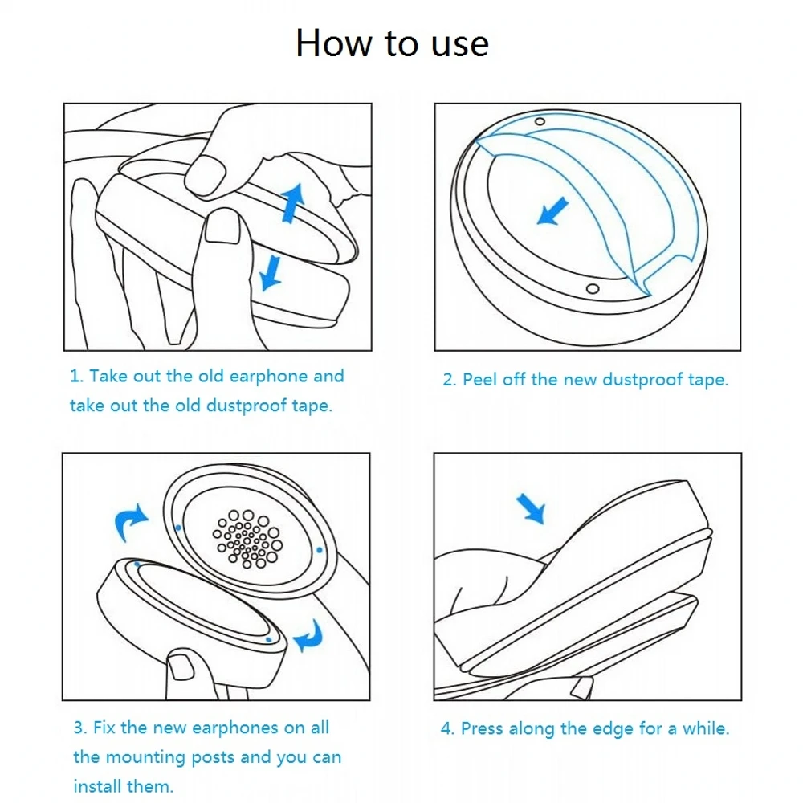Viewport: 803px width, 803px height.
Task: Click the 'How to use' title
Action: coord(392,43)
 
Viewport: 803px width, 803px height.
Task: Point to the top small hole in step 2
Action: coord(540,121)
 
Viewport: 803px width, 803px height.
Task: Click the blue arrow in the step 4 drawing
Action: coord(531,508)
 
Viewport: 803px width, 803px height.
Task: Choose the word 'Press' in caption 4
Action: coord(482,729)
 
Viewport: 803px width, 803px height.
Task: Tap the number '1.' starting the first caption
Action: coord(77,377)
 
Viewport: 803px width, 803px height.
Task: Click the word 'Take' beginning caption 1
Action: coord(108,377)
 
